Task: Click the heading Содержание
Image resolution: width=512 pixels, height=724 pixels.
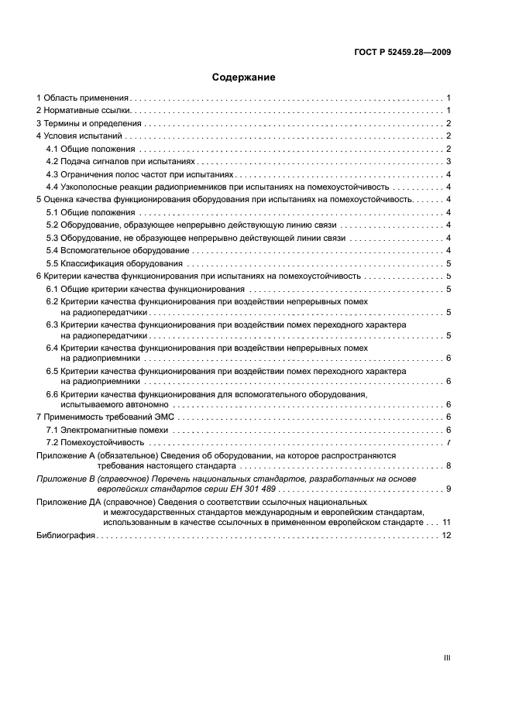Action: click(x=244, y=77)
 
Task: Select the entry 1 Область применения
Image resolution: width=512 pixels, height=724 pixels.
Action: click(x=83, y=98)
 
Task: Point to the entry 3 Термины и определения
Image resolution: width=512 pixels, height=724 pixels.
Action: click(x=89, y=124)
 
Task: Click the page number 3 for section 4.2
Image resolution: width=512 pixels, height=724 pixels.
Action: click(x=448, y=162)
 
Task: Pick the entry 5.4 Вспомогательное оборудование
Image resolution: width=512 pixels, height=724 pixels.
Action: click(x=117, y=250)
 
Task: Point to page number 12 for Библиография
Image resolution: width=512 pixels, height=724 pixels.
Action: click(x=446, y=535)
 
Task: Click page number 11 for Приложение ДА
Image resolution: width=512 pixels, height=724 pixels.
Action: click(x=446, y=523)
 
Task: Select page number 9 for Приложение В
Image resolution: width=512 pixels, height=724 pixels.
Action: click(x=448, y=489)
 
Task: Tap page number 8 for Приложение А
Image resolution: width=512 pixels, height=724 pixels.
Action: click(x=448, y=466)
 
